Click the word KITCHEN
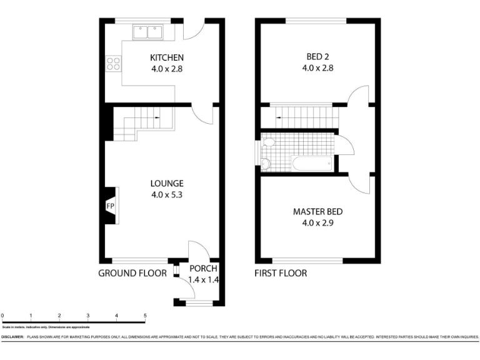pos(167,58)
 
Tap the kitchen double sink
pos(148,31)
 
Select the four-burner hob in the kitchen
pos(114,62)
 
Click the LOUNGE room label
pos(167,183)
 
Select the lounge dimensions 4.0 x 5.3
pos(167,194)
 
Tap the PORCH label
pos(203,269)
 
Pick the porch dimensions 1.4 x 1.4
pos(203,280)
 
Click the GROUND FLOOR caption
pos(132,273)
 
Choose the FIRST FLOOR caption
pos(281,273)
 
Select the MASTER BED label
pos(317,212)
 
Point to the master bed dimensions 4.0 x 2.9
pos(317,222)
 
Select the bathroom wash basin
pos(265,164)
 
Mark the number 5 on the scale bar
pos(145,316)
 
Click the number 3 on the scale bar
pos(88,316)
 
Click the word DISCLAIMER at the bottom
pos(12,337)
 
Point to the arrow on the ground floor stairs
pos(156,117)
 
